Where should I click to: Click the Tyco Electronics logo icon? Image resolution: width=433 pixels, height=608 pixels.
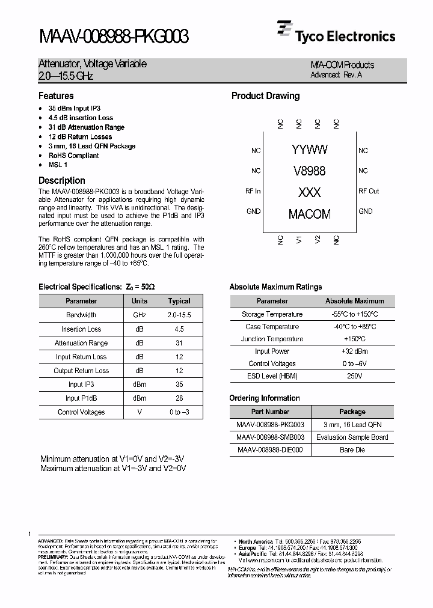(284, 30)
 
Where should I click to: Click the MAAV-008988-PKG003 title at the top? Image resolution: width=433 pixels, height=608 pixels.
(114, 37)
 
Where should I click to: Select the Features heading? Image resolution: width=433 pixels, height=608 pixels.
(56, 96)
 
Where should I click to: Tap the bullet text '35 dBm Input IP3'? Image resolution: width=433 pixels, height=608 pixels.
(75, 108)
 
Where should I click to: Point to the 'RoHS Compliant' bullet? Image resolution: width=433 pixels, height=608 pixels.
(73, 156)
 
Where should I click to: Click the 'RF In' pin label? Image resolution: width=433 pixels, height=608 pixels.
(253, 191)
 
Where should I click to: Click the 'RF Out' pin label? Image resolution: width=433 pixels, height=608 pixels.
(369, 191)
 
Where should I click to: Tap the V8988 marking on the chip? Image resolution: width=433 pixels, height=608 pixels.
(309, 171)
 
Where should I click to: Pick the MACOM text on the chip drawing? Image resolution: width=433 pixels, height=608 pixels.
(309, 214)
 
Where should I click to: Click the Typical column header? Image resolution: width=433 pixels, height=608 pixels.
(179, 301)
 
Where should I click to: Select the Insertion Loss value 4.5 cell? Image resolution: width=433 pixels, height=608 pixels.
(179, 329)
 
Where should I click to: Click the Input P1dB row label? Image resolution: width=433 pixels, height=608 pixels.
(81, 398)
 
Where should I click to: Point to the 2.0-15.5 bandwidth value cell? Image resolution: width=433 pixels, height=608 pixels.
(179, 315)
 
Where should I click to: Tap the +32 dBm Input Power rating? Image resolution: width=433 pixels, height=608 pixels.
(352, 351)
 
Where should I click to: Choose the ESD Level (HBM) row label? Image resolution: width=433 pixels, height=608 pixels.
(272, 376)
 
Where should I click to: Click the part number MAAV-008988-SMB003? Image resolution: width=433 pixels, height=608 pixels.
(270, 437)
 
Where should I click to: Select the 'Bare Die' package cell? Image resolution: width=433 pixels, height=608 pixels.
(352, 450)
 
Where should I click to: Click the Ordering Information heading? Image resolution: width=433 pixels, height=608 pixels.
(264, 398)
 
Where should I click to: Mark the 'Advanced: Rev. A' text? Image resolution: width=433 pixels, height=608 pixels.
(336, 75)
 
